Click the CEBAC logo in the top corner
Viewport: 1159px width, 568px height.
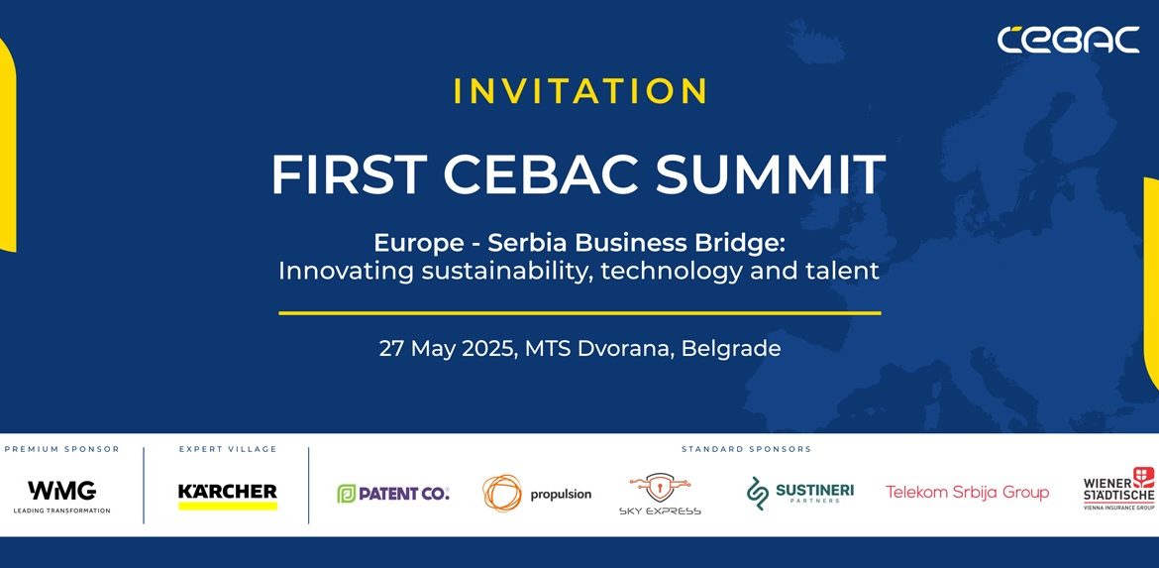coord(1068,40)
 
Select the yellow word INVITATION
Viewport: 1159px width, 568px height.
coord(580,91)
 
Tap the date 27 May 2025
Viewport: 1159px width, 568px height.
coord(447,348)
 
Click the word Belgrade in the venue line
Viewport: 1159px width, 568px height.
coord(730,348)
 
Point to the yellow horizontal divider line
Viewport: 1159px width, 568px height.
coord(579,313)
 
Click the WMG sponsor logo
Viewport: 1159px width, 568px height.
coord(62,497)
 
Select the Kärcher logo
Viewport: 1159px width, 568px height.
coord(228,497)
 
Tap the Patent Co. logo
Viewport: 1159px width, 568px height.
coord(392,494)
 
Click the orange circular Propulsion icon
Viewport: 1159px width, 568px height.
coord(502,494)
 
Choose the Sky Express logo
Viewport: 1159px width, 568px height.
coord(660,494)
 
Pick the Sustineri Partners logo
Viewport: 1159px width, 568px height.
coord(799,494)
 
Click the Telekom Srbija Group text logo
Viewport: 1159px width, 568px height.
coord(967,492)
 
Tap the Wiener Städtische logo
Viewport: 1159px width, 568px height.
coord(1119,489)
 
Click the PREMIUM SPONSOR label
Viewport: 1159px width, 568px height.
coord(62,449)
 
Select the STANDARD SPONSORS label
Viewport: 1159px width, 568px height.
coord(746,449)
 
